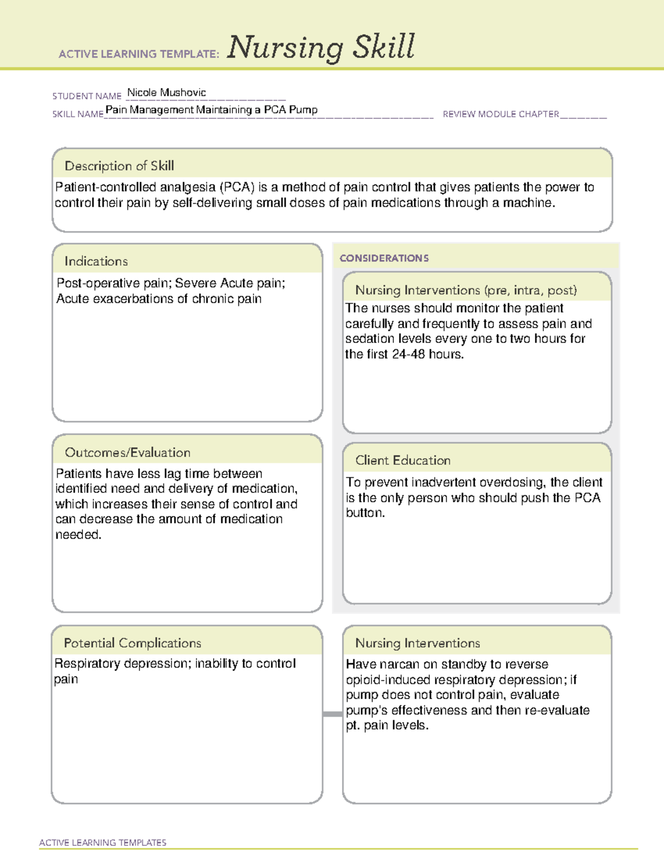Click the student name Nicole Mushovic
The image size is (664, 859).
(x=166, y=92)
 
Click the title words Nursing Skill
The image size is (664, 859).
(x=320, y=47)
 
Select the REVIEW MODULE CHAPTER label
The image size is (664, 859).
(x=501, y=114)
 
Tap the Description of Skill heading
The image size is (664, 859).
(x=119, y=166)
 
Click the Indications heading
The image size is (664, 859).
(x=96, y=261)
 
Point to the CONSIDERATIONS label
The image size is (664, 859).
(x=384, y=258)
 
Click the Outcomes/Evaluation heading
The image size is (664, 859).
(x=127, y=452)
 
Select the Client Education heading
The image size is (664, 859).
(x=402, y=460)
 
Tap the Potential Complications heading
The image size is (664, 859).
(x=132, y=643)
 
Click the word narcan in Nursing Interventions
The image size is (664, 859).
(x=400, y=664)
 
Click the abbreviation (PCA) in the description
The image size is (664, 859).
(x=237, y=188)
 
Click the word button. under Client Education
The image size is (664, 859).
(x=365, y=513)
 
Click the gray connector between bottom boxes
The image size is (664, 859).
(x=332, y=714)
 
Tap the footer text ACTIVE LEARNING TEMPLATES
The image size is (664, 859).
(x=102, y=842)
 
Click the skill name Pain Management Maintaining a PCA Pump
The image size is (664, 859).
(x=211, y=110)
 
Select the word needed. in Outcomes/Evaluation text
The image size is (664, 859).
(x=78, y=535)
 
